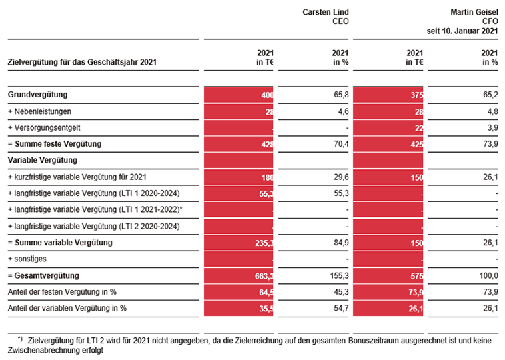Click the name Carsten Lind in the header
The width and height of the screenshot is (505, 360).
[x=326, y=12]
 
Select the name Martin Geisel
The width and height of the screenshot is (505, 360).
[x=474, y=12]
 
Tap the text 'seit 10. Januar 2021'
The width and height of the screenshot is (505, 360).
[x=462, y=31]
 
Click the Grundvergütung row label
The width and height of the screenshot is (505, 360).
[x=38, y=95]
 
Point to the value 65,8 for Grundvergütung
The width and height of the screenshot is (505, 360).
[x=341, y=95]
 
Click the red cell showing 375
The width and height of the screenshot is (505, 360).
[x=388, y=95]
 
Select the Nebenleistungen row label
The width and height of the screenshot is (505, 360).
[x=39, y=111]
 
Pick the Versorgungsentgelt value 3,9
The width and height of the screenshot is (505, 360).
[x=492, y=128]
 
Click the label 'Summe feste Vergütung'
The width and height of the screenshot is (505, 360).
[x=55, y=144]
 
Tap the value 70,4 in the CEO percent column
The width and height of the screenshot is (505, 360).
[x=341, y=144]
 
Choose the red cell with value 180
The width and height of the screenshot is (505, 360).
[x=239, y=177]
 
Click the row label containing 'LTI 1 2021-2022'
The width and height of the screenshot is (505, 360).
[x=95, y=210]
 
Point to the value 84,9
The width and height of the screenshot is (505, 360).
[x=341, y=243]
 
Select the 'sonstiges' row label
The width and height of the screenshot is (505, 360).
[x=27, y=259]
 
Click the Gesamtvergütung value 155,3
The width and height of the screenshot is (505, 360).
[x=339, y=276]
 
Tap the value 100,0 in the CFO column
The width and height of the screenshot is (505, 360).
[x=488, y=276]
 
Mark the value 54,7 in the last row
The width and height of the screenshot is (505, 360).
[x=341, y=309]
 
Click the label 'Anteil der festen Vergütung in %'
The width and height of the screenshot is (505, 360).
[x=62, y=292]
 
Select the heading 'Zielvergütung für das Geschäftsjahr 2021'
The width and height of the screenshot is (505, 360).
[x=82, y=62]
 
